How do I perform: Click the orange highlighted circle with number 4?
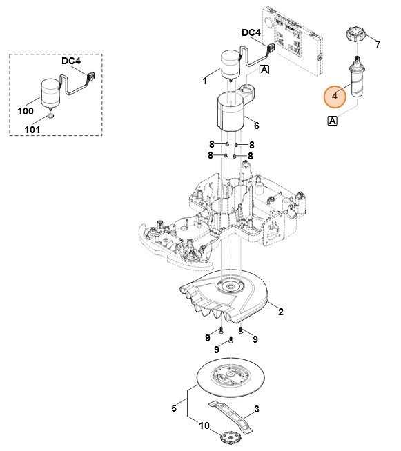(x=335, y=97)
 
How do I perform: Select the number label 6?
(x=256, y=126)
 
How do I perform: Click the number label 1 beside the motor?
(x=204, y=81)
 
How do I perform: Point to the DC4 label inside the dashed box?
(x=70, y=61)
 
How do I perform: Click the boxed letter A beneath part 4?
(x=333, y=121)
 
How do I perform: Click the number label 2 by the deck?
(x=280, y=312)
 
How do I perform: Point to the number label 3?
(x=256, y=410)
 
